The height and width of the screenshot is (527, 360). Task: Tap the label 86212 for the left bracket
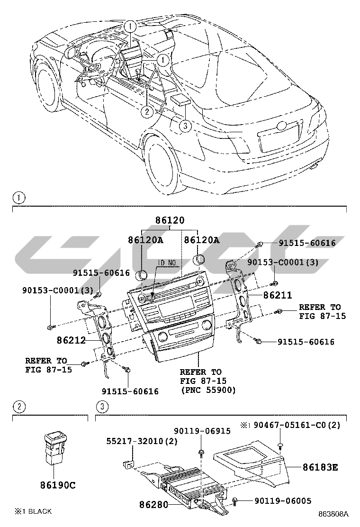coord(71,340)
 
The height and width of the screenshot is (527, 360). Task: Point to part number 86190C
coord(58,485)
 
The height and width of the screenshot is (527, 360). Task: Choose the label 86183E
coord(321,467)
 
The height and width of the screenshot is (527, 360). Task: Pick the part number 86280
coord(153,505)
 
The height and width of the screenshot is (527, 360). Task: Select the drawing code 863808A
coord(333,514)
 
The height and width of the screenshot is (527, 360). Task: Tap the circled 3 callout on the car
coord(185,126)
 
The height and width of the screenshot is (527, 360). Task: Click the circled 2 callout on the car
coord(147,112)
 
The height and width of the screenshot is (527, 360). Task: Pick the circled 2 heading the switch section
coord(18,406)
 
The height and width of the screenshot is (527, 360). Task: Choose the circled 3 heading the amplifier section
coord(102,406)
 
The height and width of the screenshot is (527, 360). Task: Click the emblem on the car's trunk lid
coord(282,126)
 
